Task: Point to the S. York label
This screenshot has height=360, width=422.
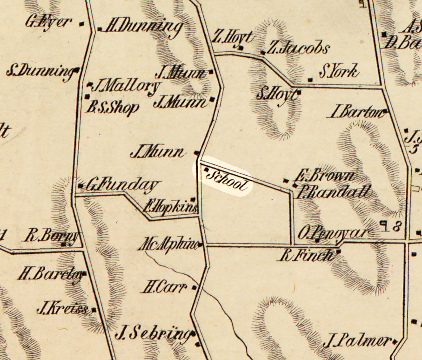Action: pyautogui.click(x=339, y=72)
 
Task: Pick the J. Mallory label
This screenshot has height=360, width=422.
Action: pyautogui.click(x=127, y=86)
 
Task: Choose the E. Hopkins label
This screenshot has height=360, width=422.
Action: pyautogui.click(x=170, y=206)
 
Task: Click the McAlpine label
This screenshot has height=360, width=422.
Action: pyautogui.click(x=168, y=244)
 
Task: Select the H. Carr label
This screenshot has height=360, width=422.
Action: pyautogui.click(x=165, y=287)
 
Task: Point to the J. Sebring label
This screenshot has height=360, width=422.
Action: pyautogui.click(x=154, y=333)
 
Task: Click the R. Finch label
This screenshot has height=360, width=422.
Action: pyautogui.click(x=308, y=255)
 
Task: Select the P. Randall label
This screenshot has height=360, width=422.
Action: pyautogui.click(x=334, y=191)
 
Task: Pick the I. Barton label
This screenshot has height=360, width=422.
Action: pyautogui.click(x=358, y=112)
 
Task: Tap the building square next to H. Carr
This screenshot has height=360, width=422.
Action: pyautogui.click(x=194, y=287)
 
